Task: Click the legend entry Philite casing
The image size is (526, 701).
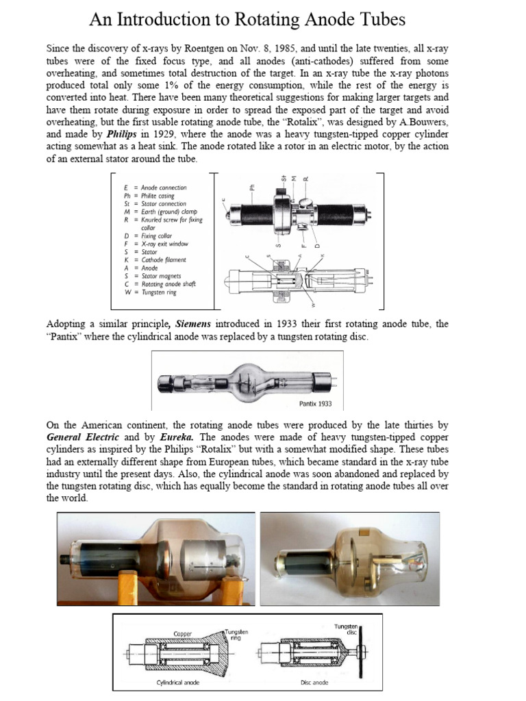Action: tap(153, 196)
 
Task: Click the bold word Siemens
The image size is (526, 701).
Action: tap(195, 324)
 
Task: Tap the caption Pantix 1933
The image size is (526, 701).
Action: tap(317, 403)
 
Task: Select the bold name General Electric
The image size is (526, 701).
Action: tap(83, 436)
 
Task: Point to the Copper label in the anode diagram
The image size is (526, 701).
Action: tap(183, 634)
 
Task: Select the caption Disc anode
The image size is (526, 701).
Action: tap(315, 683)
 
